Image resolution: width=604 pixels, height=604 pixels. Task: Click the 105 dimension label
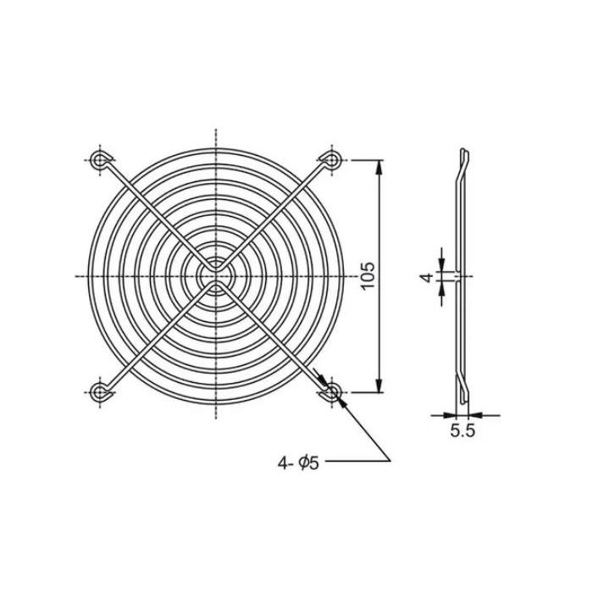click(368, 275)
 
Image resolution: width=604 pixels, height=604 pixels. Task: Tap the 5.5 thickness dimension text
click(463, 430)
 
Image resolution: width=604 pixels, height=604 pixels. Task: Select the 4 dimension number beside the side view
click(426, 277)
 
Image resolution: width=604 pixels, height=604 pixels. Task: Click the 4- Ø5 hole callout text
click(298, 463)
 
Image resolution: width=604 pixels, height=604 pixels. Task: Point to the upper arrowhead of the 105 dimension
click(380, 167)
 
